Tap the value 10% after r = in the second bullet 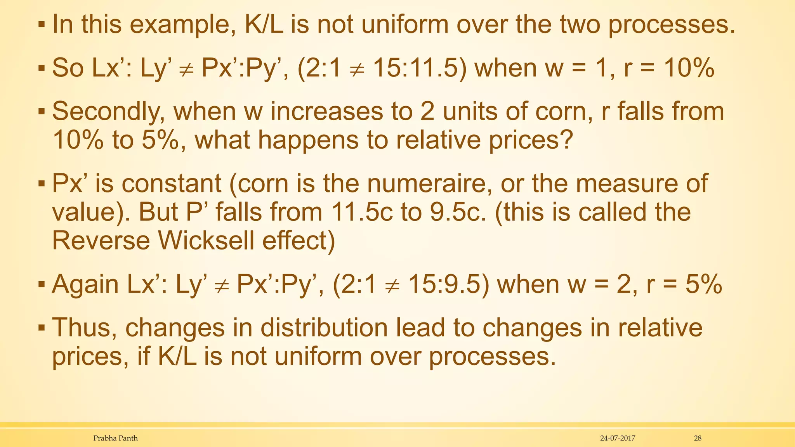(x=689, y=68)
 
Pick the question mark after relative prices (x=567, y=140)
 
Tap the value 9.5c (x=458, y=212)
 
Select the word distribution (x=324, y=328)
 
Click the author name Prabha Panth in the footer (x=115, y=438)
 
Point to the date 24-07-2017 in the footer (x=618, y=438)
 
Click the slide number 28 (x=698, y=438)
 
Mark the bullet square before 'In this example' (x=42, y=26)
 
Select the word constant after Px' (x=171, y=184)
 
